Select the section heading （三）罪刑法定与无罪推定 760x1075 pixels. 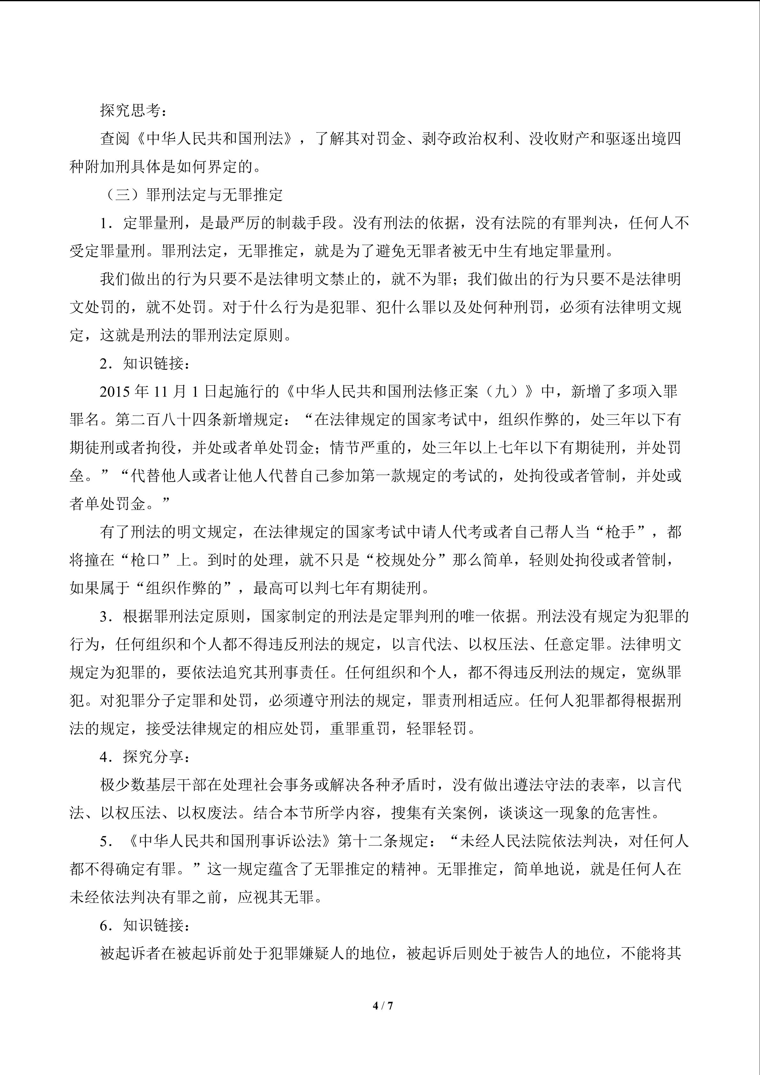click(x=192, y=195)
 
